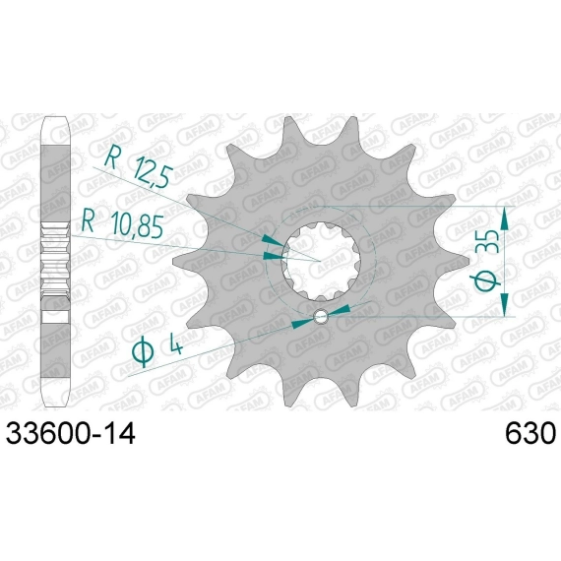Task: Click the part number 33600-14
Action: pyautogui.click(x=71, y=434)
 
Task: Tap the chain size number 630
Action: pyautogui.click(x=530, y=434)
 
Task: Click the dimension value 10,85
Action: pyautogui.click(x=137, y=225)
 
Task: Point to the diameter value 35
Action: pyautogui.click(x=487, y=242)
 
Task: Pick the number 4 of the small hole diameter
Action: pyautogui.click(x=174, y=344)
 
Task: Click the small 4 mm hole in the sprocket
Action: pyautogui.click(x=320, y=317)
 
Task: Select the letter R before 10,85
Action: pyautogui.click(x=88, y=220)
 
